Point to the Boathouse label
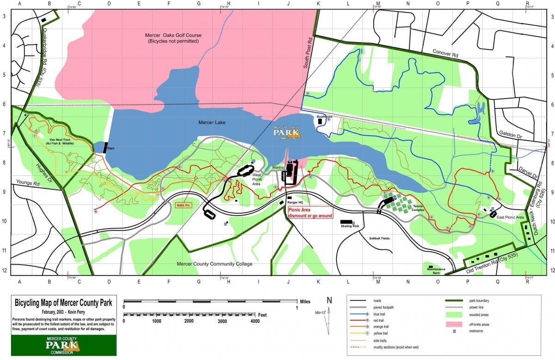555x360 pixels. [325, 117]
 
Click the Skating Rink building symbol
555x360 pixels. [346, 222]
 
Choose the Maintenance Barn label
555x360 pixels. [436, 271]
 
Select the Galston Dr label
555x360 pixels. [510, 133]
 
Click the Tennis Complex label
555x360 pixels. [418, 208]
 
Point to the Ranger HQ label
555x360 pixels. [295, 202]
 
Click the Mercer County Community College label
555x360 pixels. [215, 264]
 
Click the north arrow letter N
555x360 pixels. [329, 300]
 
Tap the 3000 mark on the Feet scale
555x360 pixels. [222, 321]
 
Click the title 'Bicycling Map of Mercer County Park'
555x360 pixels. [64, 303]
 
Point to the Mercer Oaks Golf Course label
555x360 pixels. [173, 38]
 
